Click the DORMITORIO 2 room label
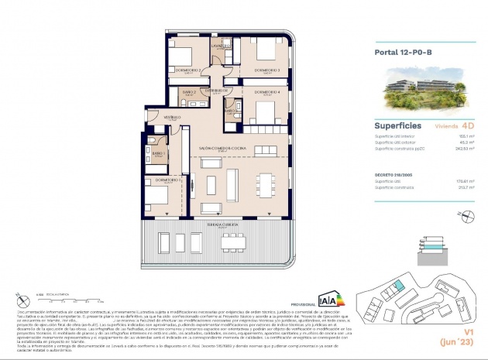point(190,70)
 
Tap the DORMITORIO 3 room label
point(266,70)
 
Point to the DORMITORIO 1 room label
point(168,180)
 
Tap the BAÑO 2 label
point(190,91)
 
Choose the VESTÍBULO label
point(173,118)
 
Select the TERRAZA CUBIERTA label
point(222,223)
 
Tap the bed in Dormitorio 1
point(156,194)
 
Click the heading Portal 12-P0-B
point(403,53)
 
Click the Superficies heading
point(398,124)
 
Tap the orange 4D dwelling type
point(467,124)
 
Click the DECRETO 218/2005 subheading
point(395,175)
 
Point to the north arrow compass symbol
point(17,295)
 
